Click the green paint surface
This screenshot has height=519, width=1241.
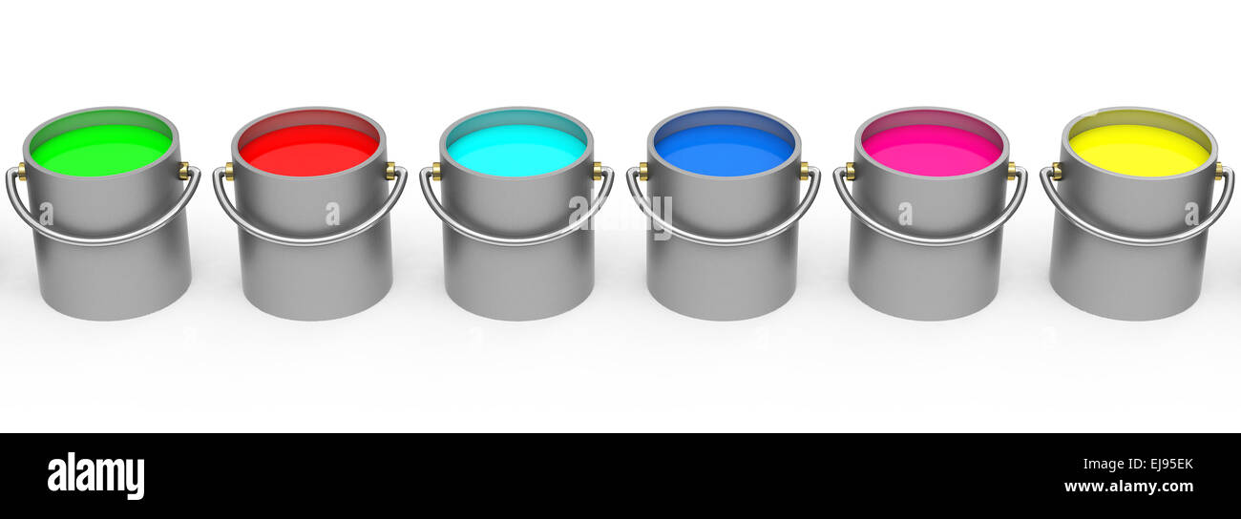[101, 150]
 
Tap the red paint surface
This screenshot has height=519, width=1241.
[308, 151]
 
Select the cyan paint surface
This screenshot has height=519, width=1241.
[516, 151]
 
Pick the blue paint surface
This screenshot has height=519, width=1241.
[724, 151]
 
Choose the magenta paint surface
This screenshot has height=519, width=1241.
[931, 151]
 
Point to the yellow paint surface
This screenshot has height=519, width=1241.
[1138, 151]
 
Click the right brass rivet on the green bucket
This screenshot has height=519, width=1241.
[183, 171]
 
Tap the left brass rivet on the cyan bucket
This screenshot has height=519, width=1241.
[435, 171]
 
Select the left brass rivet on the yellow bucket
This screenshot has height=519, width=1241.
[1056, 171]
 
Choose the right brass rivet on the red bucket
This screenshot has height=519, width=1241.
[390, 171]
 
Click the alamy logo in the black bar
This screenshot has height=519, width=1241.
[95, 476]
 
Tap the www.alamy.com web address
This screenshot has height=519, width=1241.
[1127, 487]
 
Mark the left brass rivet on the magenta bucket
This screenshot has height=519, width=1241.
[850, 171]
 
